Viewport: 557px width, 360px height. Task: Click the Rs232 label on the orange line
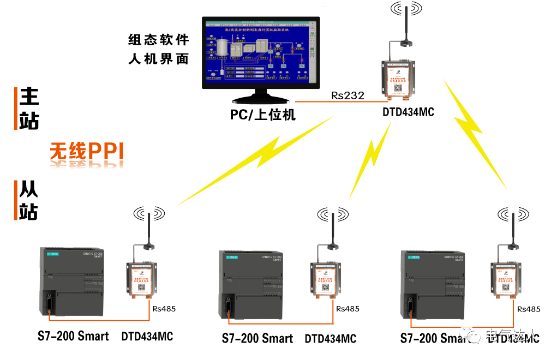pos(348,95)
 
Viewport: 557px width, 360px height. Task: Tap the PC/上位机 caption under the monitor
pos(262,115)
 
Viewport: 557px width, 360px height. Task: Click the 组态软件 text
pos(158,40)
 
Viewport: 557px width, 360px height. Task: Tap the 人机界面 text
pos(158,58)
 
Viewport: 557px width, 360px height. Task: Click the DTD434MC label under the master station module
pos(408,113)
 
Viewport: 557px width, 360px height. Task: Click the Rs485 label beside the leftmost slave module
pos(164,309)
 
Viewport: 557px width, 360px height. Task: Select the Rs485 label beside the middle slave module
pos(348,309)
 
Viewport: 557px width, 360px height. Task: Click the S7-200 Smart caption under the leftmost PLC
pos(73,336)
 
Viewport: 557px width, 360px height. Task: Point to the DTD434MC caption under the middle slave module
pos(330,339)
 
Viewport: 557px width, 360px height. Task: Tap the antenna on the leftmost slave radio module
pos(148,229)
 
